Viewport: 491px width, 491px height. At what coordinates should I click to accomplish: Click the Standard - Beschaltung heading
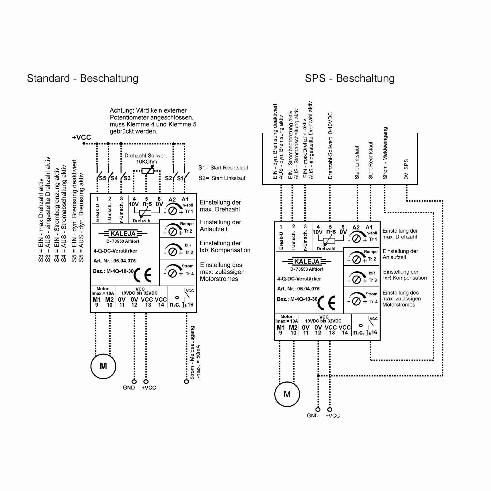click(83, 79)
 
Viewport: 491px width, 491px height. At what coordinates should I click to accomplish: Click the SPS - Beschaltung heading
click(350, 79)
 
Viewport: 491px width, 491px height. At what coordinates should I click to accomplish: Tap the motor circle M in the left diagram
click(103, 366)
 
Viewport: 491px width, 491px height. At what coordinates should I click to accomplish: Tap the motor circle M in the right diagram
click(287, 394)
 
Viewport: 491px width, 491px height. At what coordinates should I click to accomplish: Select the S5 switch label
click(102, 178)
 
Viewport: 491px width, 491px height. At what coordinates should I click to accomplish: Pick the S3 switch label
click(127, 178)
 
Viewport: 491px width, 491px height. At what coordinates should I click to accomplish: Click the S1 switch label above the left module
click(180, 178)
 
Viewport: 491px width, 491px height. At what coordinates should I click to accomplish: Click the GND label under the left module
click(129, 388)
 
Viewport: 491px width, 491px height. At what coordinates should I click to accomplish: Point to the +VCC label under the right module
click(333, 416)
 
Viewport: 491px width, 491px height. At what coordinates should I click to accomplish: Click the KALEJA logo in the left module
click(123, 234)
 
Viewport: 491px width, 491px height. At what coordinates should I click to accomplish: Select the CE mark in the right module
click(327, 303)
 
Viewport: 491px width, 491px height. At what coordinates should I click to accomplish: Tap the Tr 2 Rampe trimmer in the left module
click(173, 231)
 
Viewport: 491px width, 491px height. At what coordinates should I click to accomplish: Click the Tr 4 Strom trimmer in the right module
click(357, 301)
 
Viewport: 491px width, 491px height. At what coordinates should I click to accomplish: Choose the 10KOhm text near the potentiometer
click(146, 162)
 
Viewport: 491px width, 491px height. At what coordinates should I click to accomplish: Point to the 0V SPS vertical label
click(406, 169)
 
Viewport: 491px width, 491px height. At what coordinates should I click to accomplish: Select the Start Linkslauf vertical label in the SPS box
click(357, 162)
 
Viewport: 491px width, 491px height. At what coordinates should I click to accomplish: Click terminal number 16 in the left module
click(190, 305)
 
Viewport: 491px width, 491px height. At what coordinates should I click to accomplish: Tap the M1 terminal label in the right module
click(280, 327)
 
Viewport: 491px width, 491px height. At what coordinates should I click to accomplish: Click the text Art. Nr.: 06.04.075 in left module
click(114, 261)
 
